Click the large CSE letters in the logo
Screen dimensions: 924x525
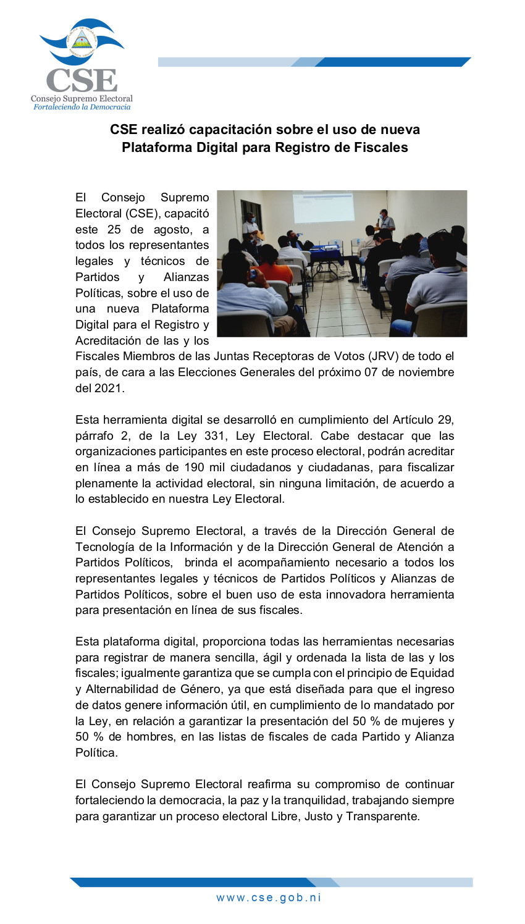[x=82, y=80]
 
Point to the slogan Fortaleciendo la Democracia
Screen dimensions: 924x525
[x=82, y=107]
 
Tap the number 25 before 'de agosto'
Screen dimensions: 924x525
[x=114, y=229]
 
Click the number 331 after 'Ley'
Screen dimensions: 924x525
[x=216, y=436]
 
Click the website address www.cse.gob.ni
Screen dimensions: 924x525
[x=269, y=897]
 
